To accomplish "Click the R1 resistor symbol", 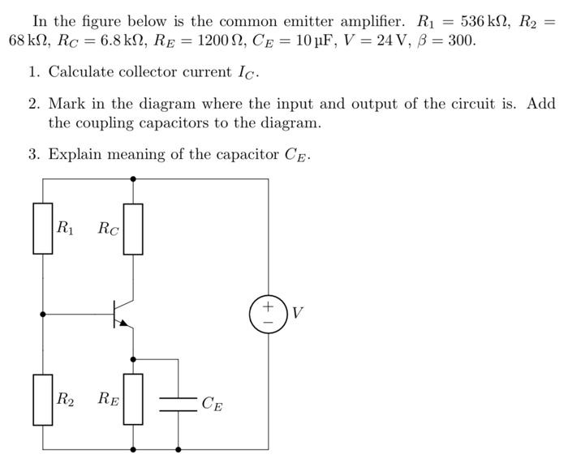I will pos(42,228).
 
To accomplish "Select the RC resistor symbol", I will pos(133,228).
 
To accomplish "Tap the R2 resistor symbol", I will pos(42,399).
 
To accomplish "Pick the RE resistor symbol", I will pos(133,399).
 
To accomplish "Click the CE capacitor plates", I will pos(178,403).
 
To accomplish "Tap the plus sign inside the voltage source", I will pos(268,306).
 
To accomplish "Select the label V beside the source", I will pos(298,313).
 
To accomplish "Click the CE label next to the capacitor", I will pos(211,403).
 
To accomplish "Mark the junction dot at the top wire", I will pos(133,178).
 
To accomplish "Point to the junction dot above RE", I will pos(133,357).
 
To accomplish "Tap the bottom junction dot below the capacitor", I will pos(178,448).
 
